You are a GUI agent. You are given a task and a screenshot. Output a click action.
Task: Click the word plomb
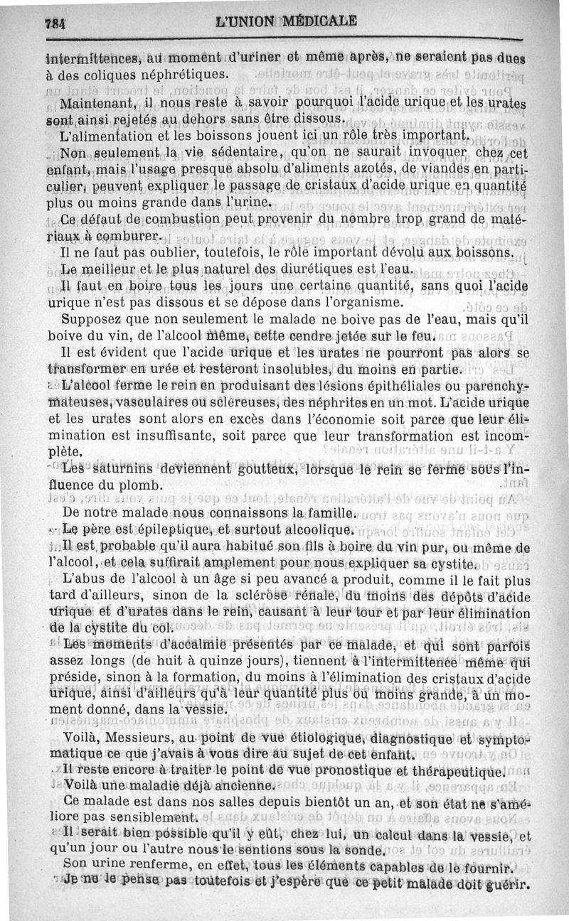(149, 486)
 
